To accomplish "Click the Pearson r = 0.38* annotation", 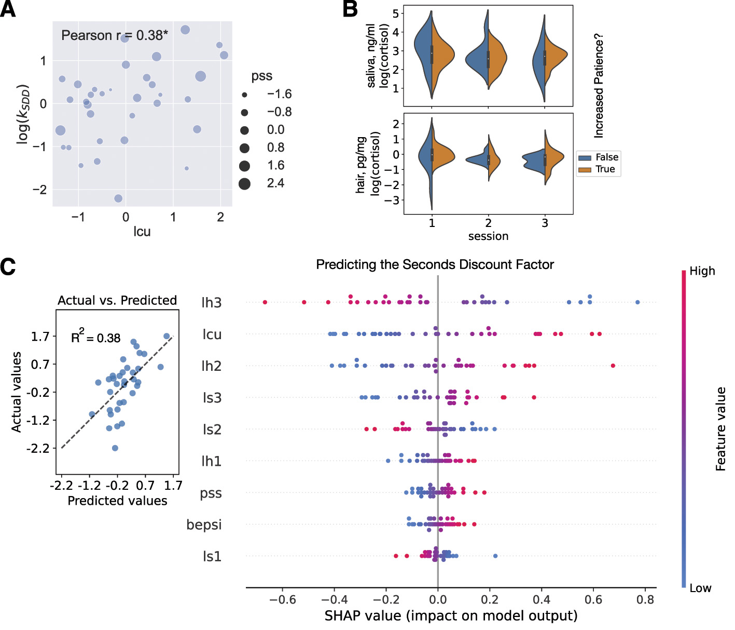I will point(115,35).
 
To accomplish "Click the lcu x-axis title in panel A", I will point(142,232).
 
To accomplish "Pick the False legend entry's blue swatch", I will point(585,157).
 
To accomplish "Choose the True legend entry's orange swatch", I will point(585,169).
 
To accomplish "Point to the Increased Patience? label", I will point(599,86).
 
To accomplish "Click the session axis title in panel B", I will point(488,236).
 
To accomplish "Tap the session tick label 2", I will point(488,223).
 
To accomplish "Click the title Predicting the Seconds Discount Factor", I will point(435,265).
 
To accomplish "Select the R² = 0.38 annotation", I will point(95,338).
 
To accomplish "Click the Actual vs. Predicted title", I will point(117,301).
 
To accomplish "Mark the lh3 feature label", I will point(211,303).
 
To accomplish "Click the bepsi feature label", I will point(204,525).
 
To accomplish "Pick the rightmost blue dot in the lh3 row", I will point(637,302).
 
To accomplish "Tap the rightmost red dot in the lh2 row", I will point(613,366).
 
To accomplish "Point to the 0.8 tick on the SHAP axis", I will point(645,600).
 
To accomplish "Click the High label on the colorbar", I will point(702,271).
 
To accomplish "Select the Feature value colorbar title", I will point(720,429).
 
